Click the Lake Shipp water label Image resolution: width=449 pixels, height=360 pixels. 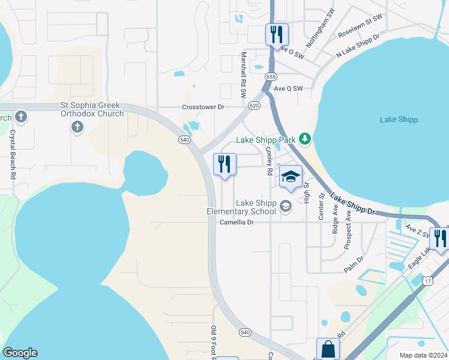[399, 119]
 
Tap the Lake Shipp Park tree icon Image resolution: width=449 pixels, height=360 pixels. [305, 139]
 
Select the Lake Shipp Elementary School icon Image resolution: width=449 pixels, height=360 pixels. [286, 207]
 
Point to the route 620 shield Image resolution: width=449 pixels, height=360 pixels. [254, 105]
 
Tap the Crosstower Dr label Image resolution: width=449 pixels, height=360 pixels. [203, 107]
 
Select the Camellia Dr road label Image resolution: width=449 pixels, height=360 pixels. [237, 222]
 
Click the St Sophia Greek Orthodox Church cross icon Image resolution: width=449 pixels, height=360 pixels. [77, 127]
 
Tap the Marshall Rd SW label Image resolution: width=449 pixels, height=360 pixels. [244, 74]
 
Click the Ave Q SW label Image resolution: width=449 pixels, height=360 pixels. [288, 88]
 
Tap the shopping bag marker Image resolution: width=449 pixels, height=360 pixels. [328, 349]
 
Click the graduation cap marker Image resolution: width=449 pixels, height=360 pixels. [291, 177]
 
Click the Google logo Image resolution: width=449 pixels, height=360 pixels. [20, 353]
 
